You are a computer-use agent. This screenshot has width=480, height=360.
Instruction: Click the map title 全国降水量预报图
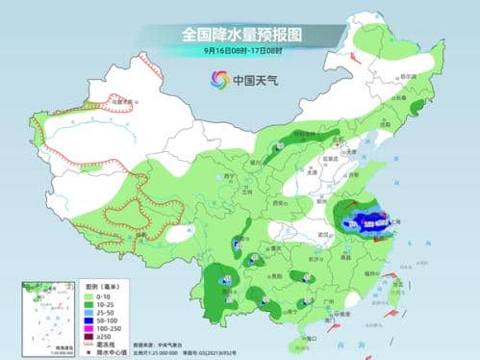tap(240, 35)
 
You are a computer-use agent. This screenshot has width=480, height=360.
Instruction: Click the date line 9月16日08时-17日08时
tap(240, 51)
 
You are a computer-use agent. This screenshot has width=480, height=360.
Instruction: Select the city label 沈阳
tap(387, 124)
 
